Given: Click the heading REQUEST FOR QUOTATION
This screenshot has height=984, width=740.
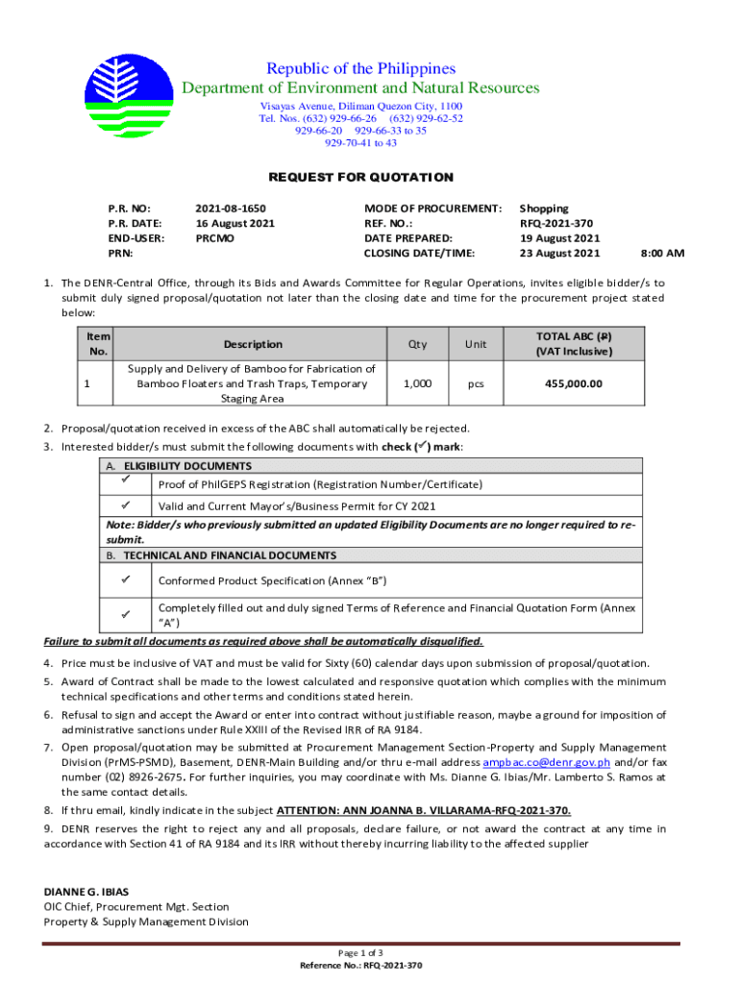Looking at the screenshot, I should (360, 177).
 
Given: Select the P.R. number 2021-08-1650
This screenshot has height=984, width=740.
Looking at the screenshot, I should (230, 209).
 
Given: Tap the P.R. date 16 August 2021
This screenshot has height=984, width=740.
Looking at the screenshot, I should (234, 223).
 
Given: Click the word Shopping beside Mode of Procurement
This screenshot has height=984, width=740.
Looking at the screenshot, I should (544, 209).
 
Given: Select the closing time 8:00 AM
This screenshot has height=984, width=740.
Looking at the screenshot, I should (662, 254).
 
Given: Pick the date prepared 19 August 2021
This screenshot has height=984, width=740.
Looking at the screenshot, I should (559, 238).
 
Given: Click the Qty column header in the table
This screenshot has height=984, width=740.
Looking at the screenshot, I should (417, 344).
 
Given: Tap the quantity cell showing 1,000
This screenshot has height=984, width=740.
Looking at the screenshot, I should (417, 383).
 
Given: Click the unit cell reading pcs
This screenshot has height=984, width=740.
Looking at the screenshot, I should (476, 383).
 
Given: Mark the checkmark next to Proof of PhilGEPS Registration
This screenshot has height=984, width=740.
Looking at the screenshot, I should (126, 479).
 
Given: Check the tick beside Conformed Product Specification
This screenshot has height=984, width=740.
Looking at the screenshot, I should (126, 579).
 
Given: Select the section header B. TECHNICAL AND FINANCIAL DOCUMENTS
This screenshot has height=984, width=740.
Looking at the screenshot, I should (221, 555).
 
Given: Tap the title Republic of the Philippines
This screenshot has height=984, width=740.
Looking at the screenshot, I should (360, 69).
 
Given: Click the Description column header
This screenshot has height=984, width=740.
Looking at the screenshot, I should (253, 344).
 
